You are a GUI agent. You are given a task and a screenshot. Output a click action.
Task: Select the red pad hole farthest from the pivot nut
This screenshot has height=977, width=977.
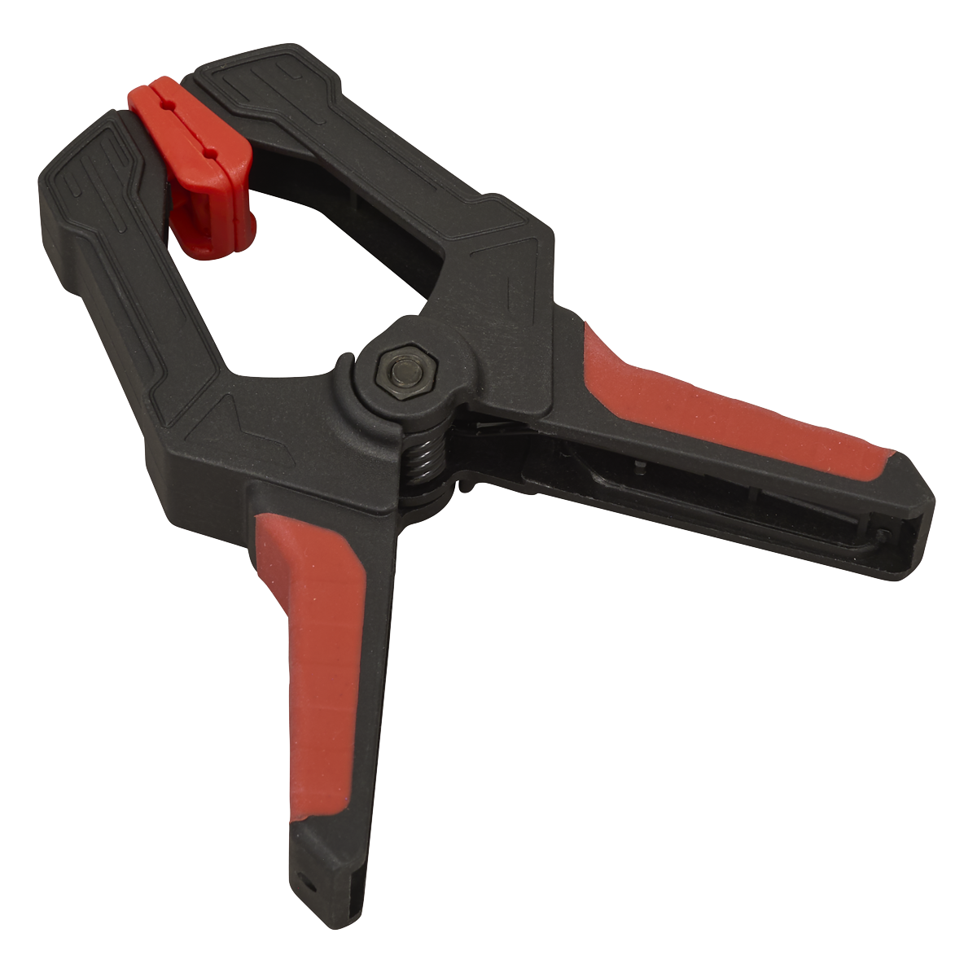(164, 105)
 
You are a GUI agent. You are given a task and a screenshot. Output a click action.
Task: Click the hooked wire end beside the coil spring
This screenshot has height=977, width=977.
(466, 488)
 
